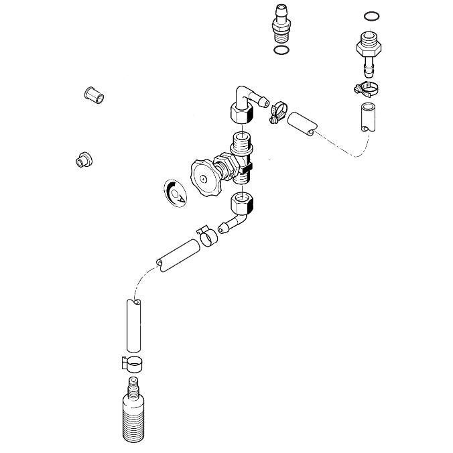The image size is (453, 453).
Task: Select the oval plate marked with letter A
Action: click(175, 193)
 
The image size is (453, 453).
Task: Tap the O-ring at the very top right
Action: click(371, 16)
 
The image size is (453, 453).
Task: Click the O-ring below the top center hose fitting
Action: click(281, 50)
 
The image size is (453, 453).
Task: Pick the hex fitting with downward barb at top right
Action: click(369, 55)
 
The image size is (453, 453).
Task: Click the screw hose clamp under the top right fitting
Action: click(367, 90)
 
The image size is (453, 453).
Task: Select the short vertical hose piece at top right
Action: click(368, 117)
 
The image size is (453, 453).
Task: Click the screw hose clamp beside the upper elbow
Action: click(278, 112)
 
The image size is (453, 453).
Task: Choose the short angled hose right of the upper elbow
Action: click(302, 124)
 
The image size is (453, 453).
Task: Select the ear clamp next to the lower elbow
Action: click(207, 236)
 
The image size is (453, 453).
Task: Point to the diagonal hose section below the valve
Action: click(178, 255)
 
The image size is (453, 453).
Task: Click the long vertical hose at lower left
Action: click(134, 326)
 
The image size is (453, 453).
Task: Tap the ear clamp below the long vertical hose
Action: click(132, 365)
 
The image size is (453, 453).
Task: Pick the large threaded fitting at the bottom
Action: click(133, 409)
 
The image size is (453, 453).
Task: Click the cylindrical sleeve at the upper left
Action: click(94, 95)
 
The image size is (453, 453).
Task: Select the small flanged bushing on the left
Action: click(84, 159)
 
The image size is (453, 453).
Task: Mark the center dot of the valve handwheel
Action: click(204, 179)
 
